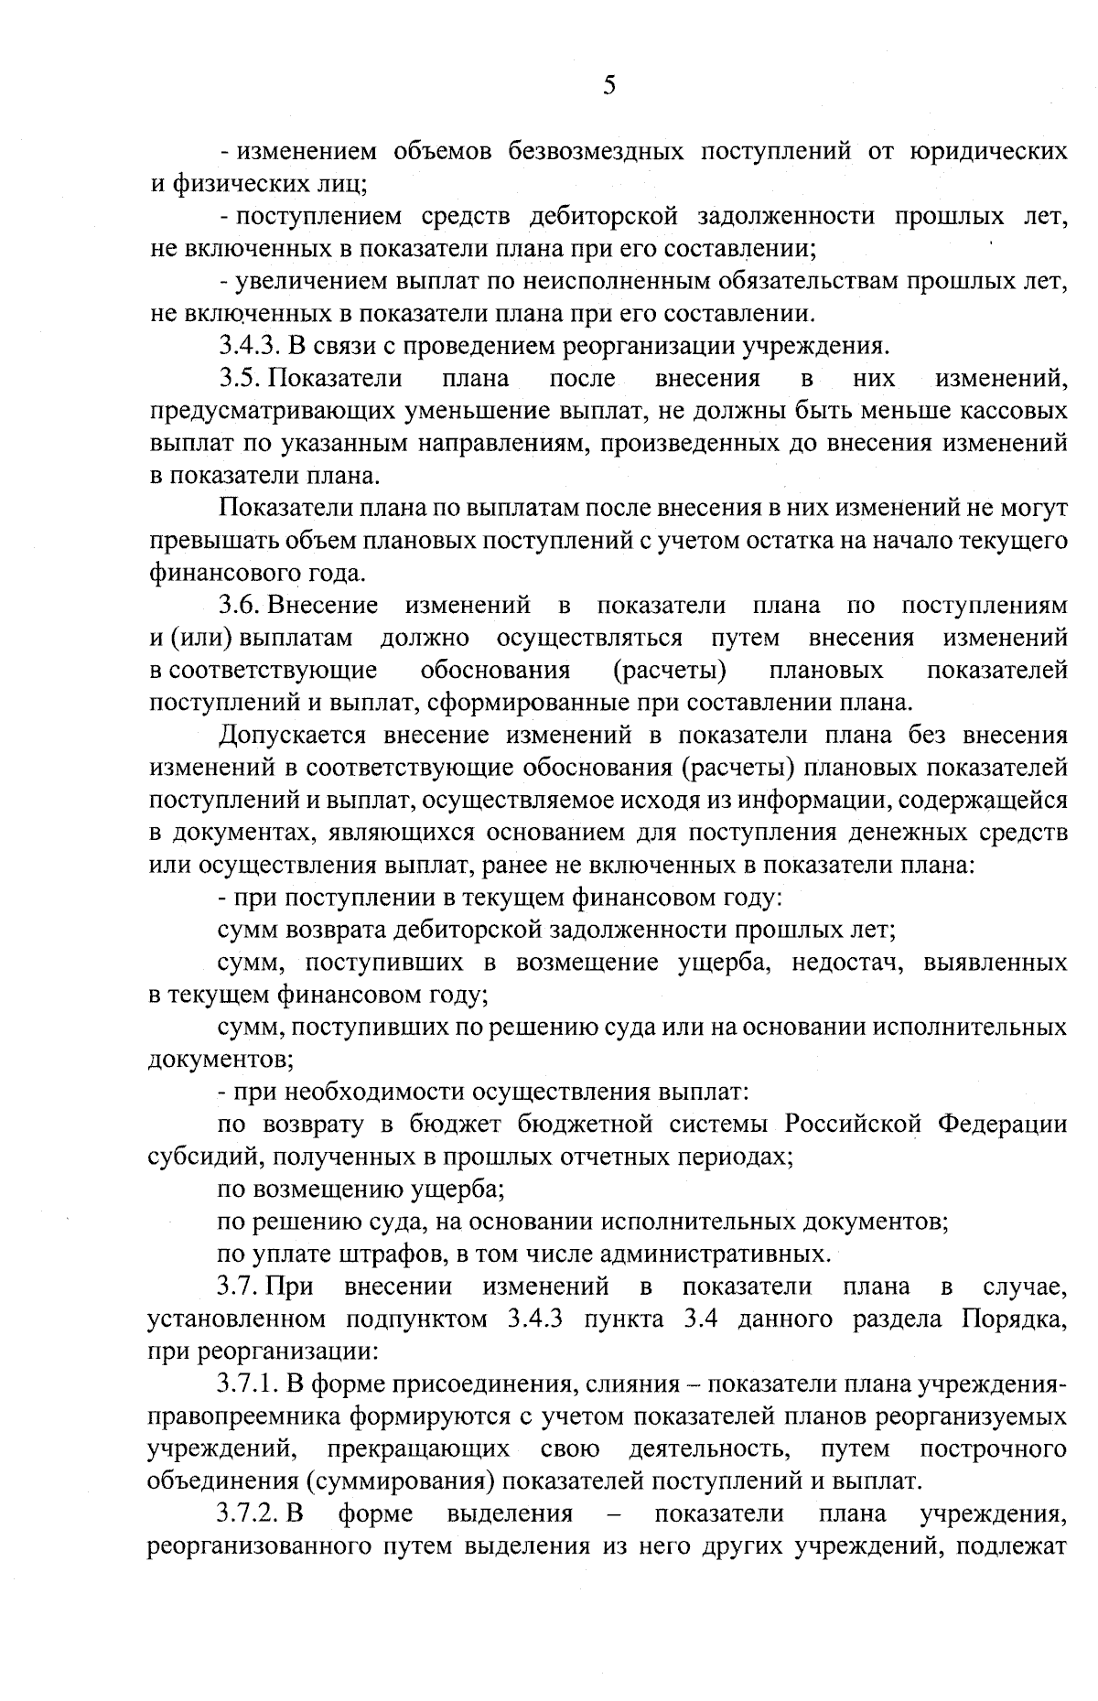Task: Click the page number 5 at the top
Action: click(x=609, y=85)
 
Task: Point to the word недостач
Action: click(x=846, y=963)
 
